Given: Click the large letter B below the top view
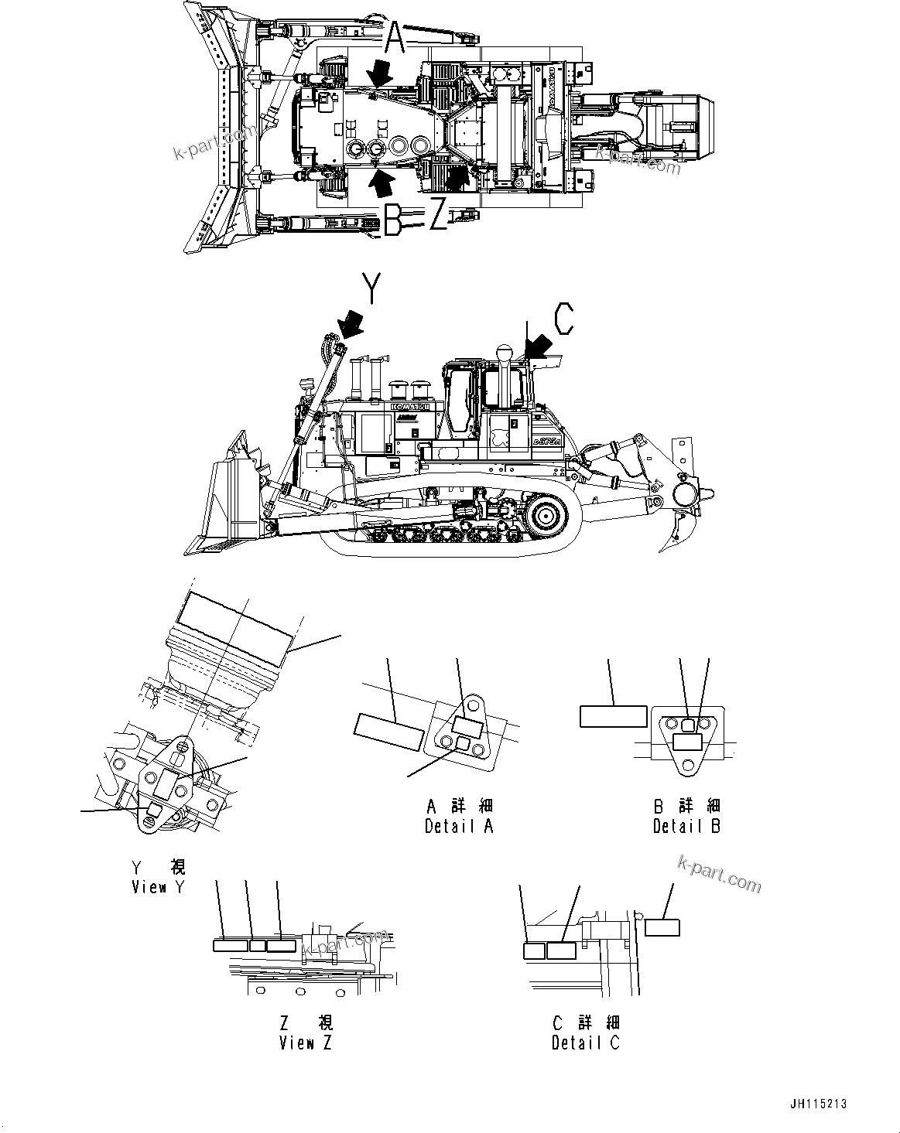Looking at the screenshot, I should [x=392, y=218].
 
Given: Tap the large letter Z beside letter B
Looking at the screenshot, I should [x=438, y=217].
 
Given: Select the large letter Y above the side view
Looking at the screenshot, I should [x=372, y=292].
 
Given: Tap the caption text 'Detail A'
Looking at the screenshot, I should [x=459, y=826].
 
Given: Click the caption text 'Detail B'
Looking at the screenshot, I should [x=686, y=826].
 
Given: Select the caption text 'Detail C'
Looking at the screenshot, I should [x=585, y=1043].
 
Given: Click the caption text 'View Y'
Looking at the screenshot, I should [x=159, y=887].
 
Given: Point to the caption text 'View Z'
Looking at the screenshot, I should [x=306, y=1043].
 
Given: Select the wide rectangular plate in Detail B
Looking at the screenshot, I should [x=613, y=716].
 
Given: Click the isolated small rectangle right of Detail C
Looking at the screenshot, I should [x=662, y=927].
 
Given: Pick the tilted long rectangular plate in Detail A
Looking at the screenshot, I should [x=388, y=731].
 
